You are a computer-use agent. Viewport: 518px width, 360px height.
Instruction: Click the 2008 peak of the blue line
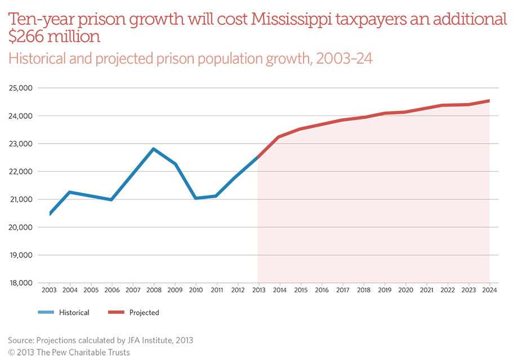[x=154, y=149]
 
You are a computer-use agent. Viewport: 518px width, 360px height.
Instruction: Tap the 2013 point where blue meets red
[x=258, y=157]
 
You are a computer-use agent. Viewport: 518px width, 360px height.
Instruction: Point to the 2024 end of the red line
[x=489, y=101]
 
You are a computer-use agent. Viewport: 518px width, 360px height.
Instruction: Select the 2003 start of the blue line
[x=50, y=214]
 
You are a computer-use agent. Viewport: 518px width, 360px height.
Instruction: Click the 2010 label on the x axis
[x=196, y=291]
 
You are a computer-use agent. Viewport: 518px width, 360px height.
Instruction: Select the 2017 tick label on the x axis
[x=342, y=291]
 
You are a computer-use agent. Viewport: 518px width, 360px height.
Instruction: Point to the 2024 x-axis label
[x=489, y=291]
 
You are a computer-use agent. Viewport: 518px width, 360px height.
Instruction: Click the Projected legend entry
[x=144, y=313]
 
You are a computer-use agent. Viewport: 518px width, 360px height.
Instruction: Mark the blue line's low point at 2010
[x=196, y=198]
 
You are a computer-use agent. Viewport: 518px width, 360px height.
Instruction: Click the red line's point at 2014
[x=279, y=136]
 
